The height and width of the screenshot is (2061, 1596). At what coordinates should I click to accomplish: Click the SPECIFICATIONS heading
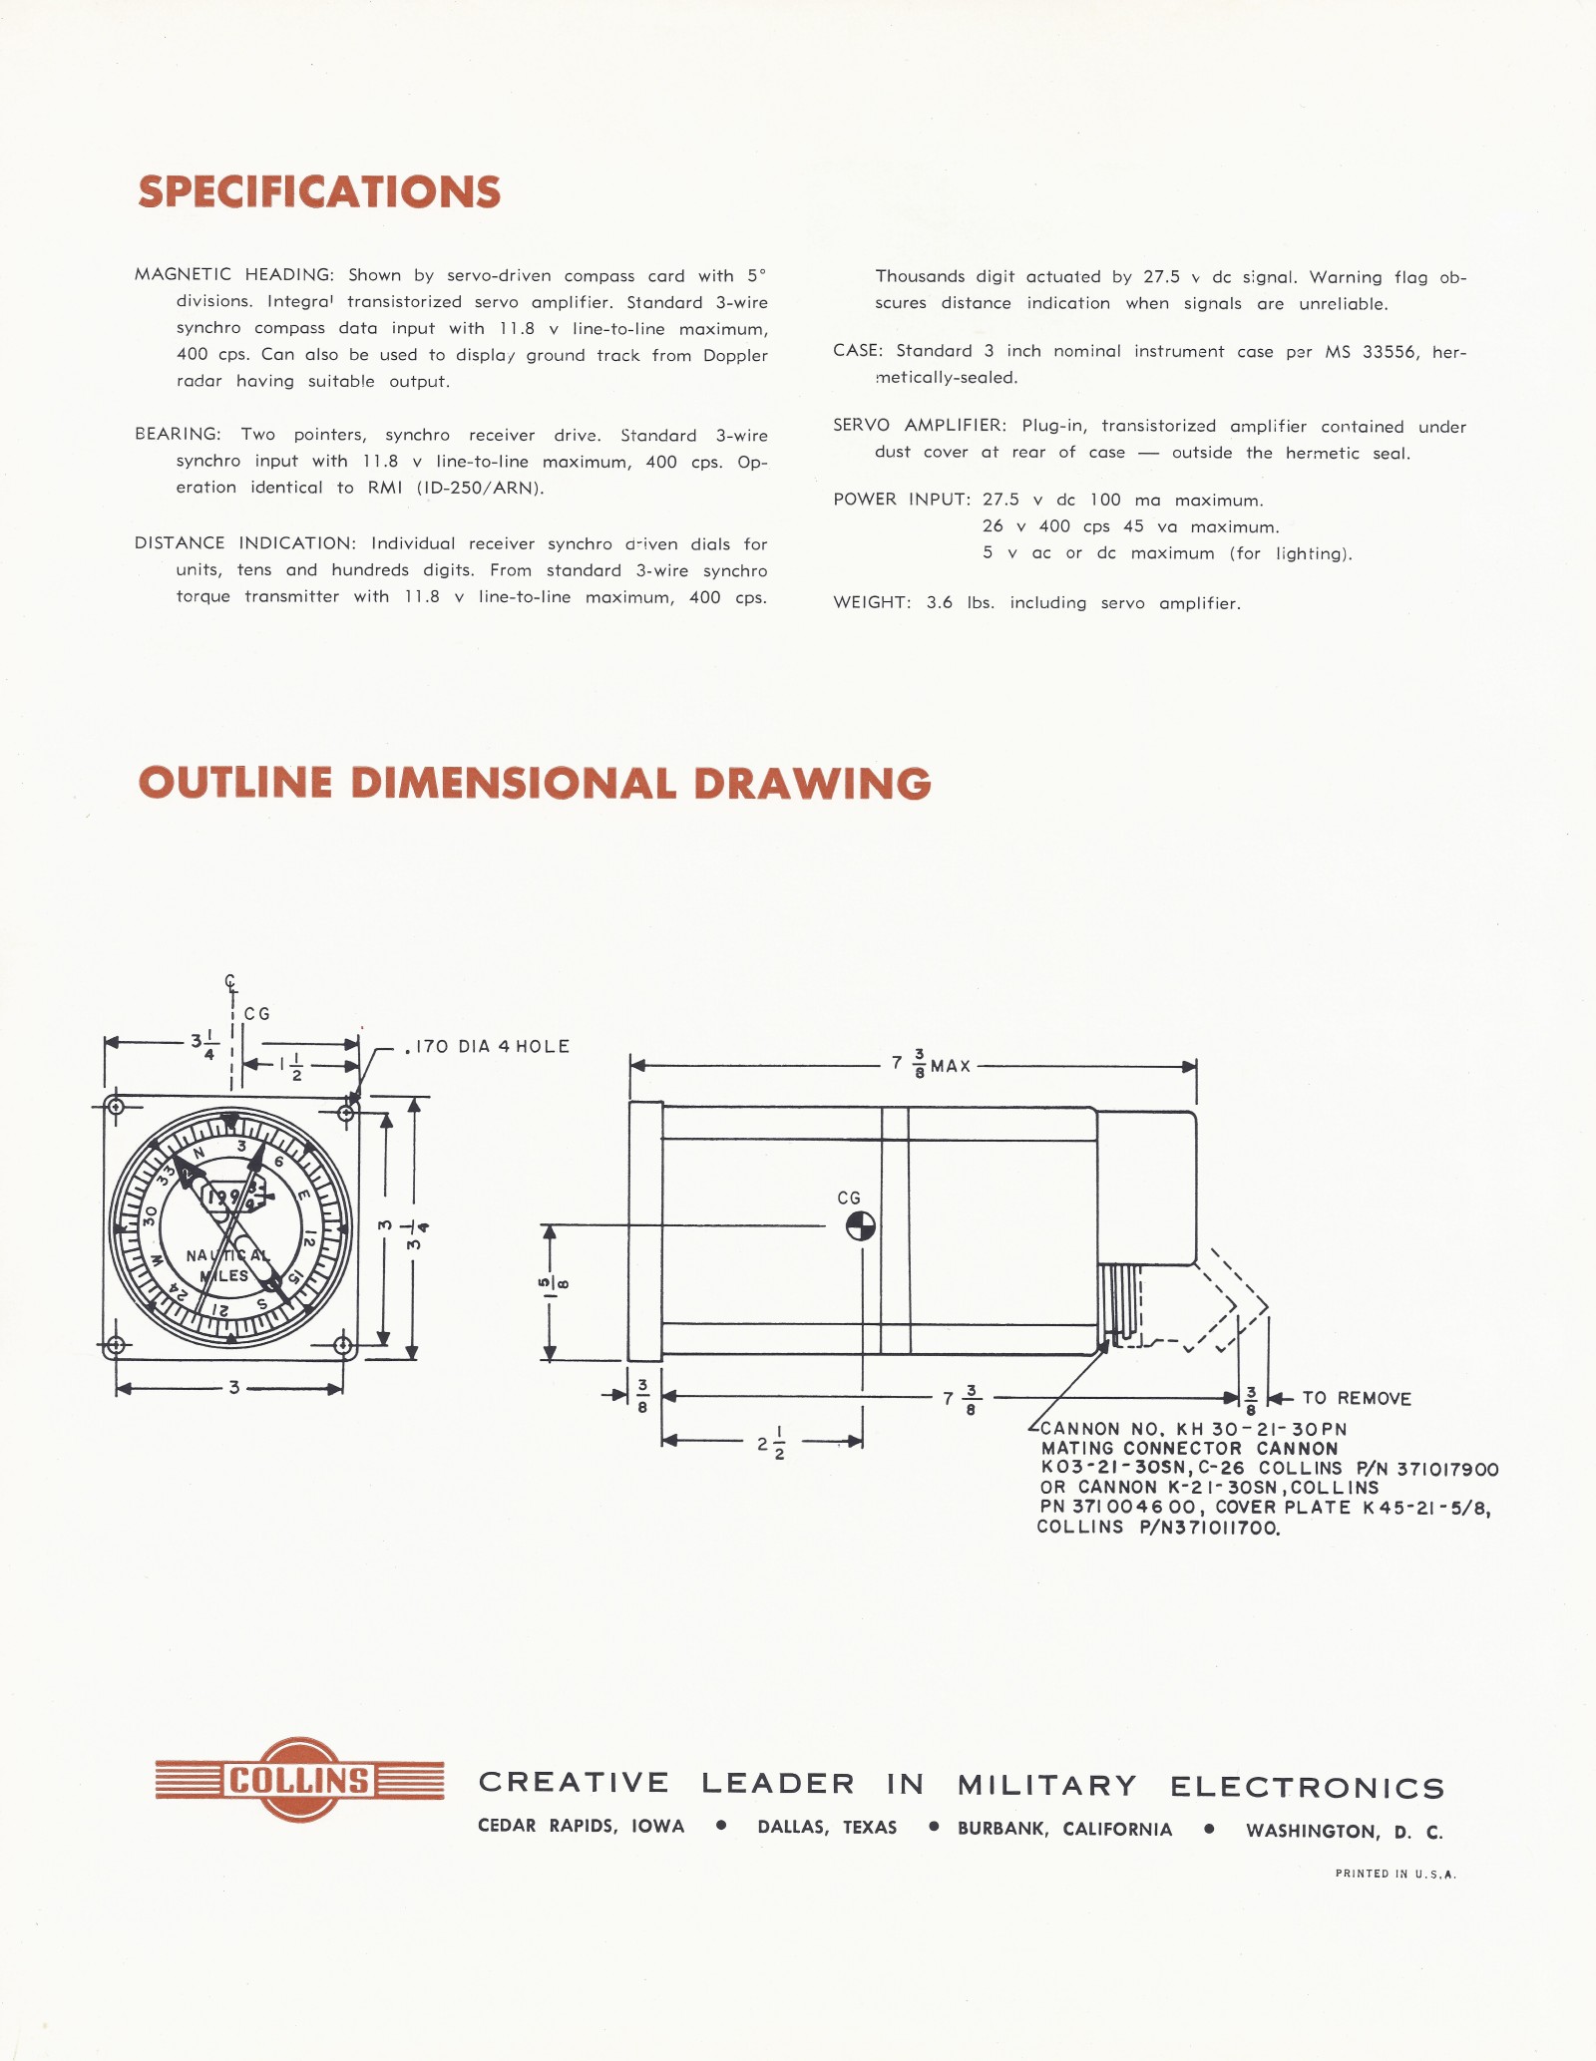click(x=319, y=192)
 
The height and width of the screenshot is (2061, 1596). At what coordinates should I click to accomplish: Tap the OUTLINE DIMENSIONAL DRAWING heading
click(x=535, y=784)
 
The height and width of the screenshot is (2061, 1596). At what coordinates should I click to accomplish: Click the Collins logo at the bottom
click(x=299, y=1780)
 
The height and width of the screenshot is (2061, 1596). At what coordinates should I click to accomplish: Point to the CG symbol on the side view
click(x=860, y=1226)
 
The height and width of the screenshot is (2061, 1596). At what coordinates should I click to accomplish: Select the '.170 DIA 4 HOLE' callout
click(x=488, y=1046)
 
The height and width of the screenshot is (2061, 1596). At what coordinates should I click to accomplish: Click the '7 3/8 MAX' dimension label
click(x=932, y=1064)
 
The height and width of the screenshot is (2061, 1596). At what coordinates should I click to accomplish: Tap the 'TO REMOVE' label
click(x=1357, y=1398)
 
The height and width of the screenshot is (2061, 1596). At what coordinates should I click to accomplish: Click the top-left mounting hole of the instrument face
click(x=116, y=1107)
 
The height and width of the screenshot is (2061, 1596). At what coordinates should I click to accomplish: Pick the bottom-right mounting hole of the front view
click(x=343, y=1346)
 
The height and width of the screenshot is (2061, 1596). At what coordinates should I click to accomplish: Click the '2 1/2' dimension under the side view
click(x=770, y=1443)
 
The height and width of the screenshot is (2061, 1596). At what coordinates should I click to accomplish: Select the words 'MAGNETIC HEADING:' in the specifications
click(x=234, y=274)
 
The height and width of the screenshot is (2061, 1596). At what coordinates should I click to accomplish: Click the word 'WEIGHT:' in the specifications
click(x=872, y=602)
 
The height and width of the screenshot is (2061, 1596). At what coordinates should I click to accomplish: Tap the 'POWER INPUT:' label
click(x=902, y=499)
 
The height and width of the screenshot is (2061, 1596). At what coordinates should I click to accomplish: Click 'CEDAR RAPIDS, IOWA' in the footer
click(x=581, y=1826)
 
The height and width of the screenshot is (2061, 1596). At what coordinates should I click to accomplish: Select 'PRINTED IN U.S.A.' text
click(x=1396, y=1874)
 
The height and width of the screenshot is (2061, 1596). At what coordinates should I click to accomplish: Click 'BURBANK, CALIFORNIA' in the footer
click(x=1064, y=1829)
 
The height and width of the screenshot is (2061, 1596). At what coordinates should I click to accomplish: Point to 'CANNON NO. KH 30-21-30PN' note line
click(x=1193, y=1429)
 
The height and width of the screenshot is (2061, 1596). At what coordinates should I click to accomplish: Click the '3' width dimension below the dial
click(x=233, y=1387)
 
